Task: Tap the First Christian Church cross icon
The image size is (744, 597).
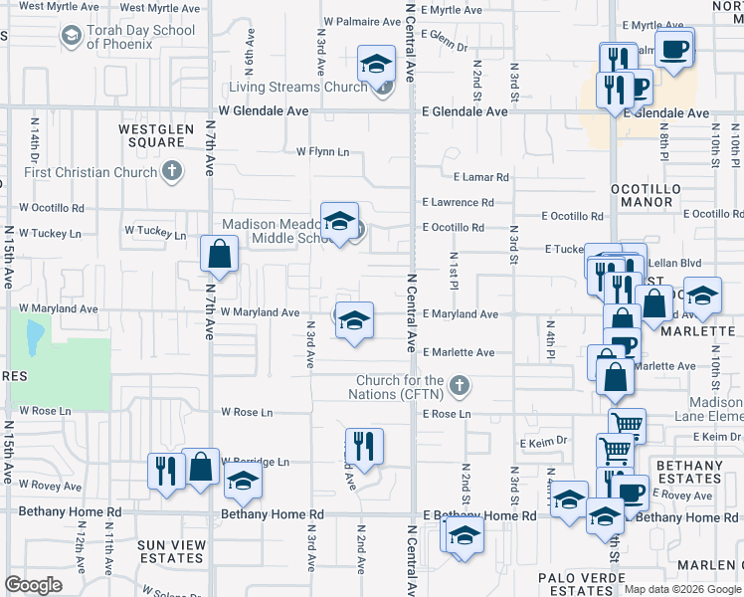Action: point(173,172)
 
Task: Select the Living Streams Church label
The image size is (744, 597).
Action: point(307,87)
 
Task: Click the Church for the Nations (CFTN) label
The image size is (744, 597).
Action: point(401,388)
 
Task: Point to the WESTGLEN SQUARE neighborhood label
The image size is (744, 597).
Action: point(151,135)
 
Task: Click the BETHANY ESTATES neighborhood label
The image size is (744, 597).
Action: point(689,473)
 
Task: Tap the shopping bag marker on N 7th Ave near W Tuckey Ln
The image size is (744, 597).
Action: point(219,255)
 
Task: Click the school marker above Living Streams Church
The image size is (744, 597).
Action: point(377,66)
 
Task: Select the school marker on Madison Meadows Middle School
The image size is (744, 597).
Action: point(339,221)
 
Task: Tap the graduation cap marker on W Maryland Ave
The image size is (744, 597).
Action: point(353,321)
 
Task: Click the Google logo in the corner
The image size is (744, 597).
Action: point(33,585)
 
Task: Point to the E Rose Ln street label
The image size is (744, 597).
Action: point(446,414)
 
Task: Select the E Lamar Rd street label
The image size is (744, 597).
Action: point(481,177)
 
